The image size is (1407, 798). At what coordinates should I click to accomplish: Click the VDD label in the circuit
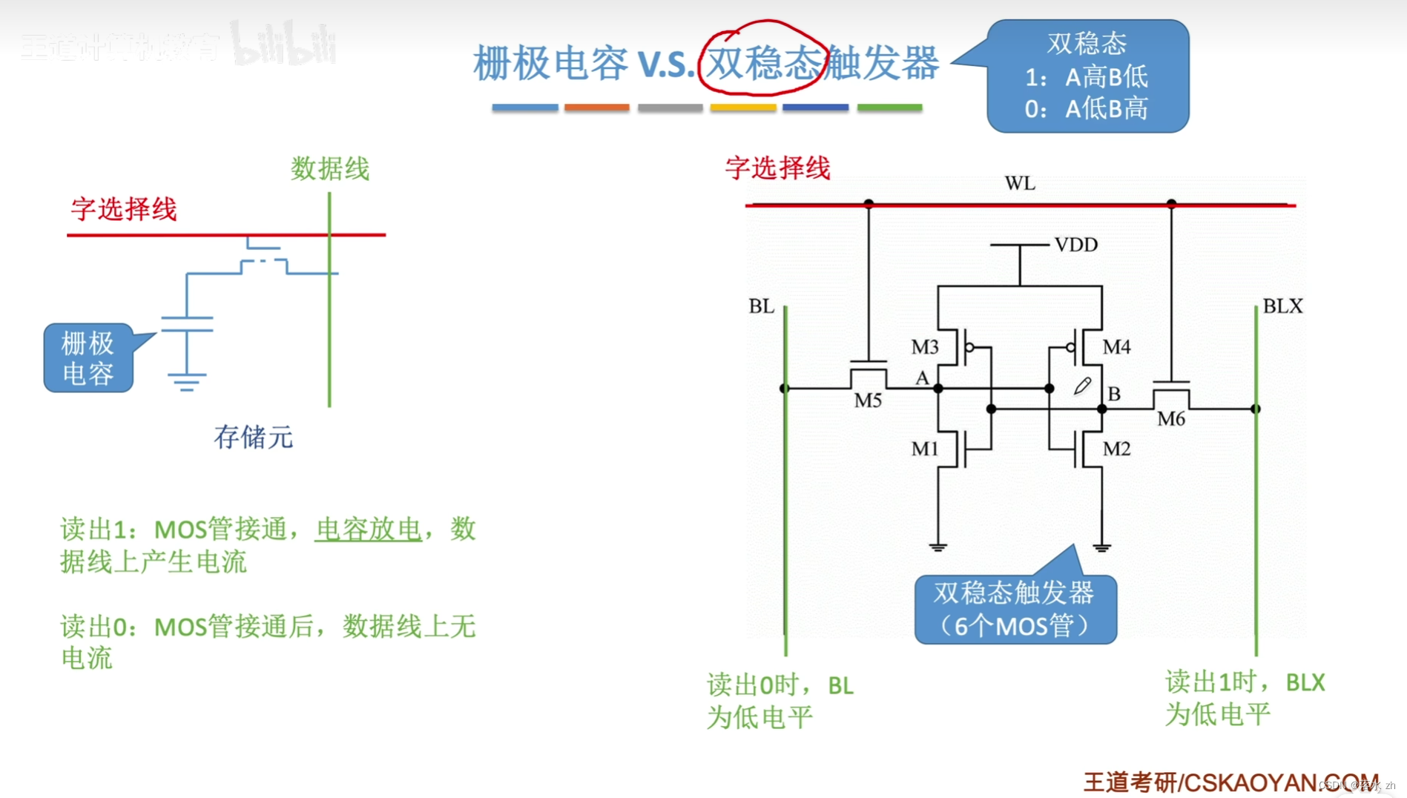pos(1075,245)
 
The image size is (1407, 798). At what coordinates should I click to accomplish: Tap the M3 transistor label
pos(924,346)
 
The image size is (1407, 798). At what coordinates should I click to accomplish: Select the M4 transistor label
pos(1116,346)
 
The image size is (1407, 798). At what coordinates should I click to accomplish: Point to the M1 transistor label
pos(924,449)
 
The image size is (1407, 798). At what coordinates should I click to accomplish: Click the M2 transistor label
pos(1116,449)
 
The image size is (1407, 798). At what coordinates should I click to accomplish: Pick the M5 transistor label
pos(867,401)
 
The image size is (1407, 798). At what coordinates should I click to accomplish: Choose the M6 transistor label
pos(1170,419)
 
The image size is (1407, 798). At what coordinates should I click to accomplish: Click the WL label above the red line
pos(1020,183)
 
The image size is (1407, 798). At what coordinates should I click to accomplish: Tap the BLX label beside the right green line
pos(1282,306)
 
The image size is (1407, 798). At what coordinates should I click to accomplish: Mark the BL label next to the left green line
pos(761,306)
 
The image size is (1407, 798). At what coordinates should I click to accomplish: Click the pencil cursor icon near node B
pos(1082,386)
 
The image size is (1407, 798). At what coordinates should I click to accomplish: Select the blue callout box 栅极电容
pos(88,357)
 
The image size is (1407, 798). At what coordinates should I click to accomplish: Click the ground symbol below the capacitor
pos(186,382)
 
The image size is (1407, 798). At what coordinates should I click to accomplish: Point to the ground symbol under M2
pos(1101,548)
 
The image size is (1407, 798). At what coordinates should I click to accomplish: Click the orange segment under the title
pos(596,108)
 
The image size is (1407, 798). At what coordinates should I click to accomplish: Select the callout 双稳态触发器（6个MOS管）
pos(1015,609)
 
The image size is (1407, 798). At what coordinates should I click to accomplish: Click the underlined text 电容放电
pos(369,530)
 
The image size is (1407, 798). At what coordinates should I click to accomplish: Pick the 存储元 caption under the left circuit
pos(254,437)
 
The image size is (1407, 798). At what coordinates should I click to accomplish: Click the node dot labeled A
pos(938,388)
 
